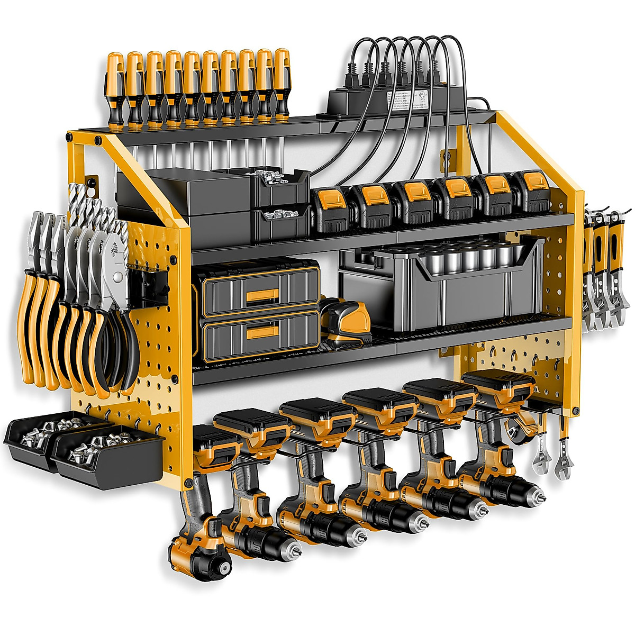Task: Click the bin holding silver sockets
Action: point(471,280)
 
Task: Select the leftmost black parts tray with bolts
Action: point(32,439)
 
